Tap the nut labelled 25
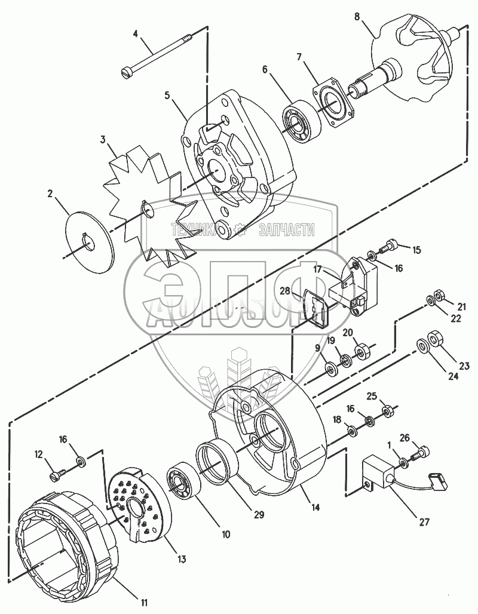coord(386,410)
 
